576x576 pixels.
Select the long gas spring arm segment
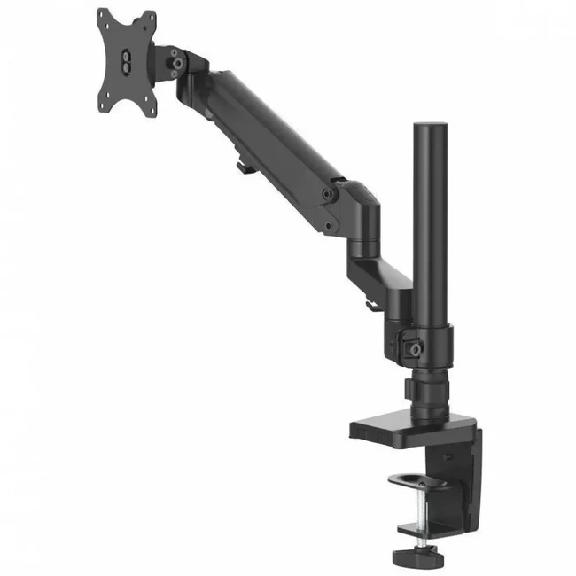click(266, 133)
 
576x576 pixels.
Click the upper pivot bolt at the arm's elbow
click(329, 192)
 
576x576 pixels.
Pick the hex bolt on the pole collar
click(413, 346)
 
